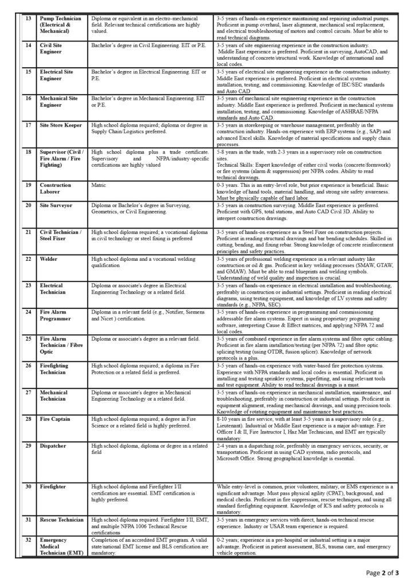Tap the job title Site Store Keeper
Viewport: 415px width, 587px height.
point(61,125)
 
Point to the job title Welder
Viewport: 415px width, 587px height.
point(49,259)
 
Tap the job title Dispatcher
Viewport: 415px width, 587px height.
point(53,445)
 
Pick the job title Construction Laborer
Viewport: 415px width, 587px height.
point(56,189)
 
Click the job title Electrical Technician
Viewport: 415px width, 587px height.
point(52,288)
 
